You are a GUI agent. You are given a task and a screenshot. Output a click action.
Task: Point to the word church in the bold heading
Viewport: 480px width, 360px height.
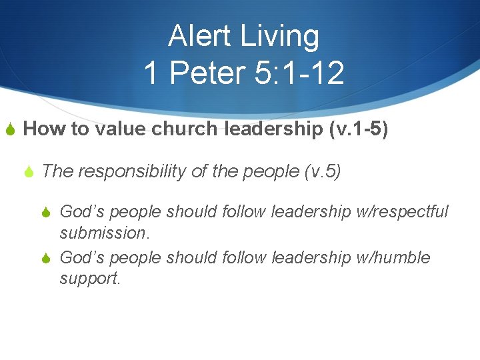(183, 129)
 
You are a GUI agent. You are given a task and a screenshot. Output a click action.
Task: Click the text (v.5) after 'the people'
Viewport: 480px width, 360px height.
(322, 171)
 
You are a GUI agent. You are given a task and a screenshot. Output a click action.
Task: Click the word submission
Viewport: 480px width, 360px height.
(103, 233)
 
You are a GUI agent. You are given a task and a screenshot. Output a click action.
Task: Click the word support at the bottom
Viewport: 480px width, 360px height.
(89, 278)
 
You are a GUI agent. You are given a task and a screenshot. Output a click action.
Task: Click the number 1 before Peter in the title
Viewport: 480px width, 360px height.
(152, 73)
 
